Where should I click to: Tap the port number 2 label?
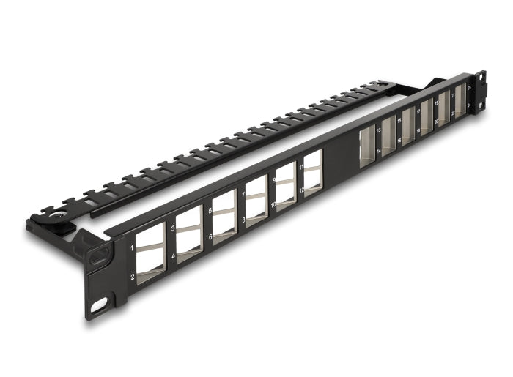[x=132, y=277]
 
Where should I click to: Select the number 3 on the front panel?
[x=172, y=229]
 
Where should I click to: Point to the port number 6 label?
[x=210, y=237]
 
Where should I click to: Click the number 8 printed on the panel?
[x=243, y=220]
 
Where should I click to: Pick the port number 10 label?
[x=273, y=206]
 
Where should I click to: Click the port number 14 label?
[x=378, y=151]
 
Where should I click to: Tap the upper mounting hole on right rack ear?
[x=482, y=78]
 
